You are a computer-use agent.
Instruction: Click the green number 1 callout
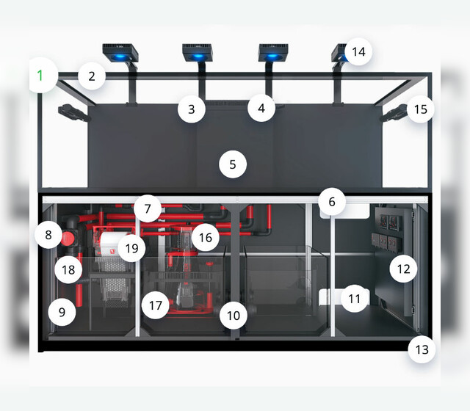tap(40, 75)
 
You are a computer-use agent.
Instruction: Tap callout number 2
tap(92, 76)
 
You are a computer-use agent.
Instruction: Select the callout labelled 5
tap(233, 164)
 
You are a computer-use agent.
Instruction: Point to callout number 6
tap(332, 202)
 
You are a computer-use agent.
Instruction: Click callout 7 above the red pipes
tap(148, 208)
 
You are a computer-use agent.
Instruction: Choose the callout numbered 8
tap(48, 235)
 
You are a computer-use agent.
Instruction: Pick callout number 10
tap(234, 316)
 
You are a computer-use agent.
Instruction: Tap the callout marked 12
tap(403, 269)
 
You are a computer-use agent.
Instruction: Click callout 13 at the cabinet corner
tap(422, 349)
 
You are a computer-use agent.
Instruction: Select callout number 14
tap(358, 51)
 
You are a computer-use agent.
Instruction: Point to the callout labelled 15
tap(421, 109)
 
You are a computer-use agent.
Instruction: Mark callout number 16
tap(206, 238)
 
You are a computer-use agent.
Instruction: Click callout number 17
tap(156, 305)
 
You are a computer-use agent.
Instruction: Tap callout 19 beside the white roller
tap(132, 248)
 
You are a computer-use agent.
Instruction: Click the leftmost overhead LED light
tap(120, 54)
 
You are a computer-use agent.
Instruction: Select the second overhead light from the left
tap(198, 53)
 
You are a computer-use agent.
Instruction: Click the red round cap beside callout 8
tap(68, 239)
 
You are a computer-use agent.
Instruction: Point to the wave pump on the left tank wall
tap(73, 113)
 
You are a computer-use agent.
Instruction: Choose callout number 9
tap(62, 312)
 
